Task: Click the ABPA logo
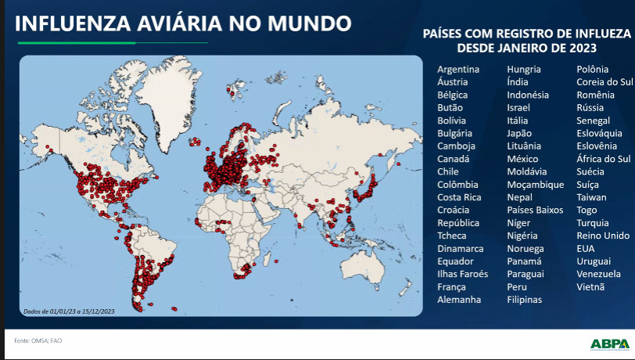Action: [x=609, y=343]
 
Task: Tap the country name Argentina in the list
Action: [x=458, y=70]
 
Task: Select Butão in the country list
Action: [x=450, y=108]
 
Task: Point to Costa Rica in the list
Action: [x=459, y=197]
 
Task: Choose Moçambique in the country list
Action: [x=535, y=185]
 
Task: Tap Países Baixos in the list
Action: [x=535, y=210]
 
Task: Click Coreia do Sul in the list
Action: [x=605, y=82]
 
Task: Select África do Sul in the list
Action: [x=603, y=159]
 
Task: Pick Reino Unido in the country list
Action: [x=602, y=236]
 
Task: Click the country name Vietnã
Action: [x=590, y=286]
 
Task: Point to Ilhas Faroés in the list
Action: [x=462, y=274]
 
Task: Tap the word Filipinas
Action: [x=524, y=300]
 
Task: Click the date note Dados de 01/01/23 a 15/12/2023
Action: [x=59, y=311]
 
